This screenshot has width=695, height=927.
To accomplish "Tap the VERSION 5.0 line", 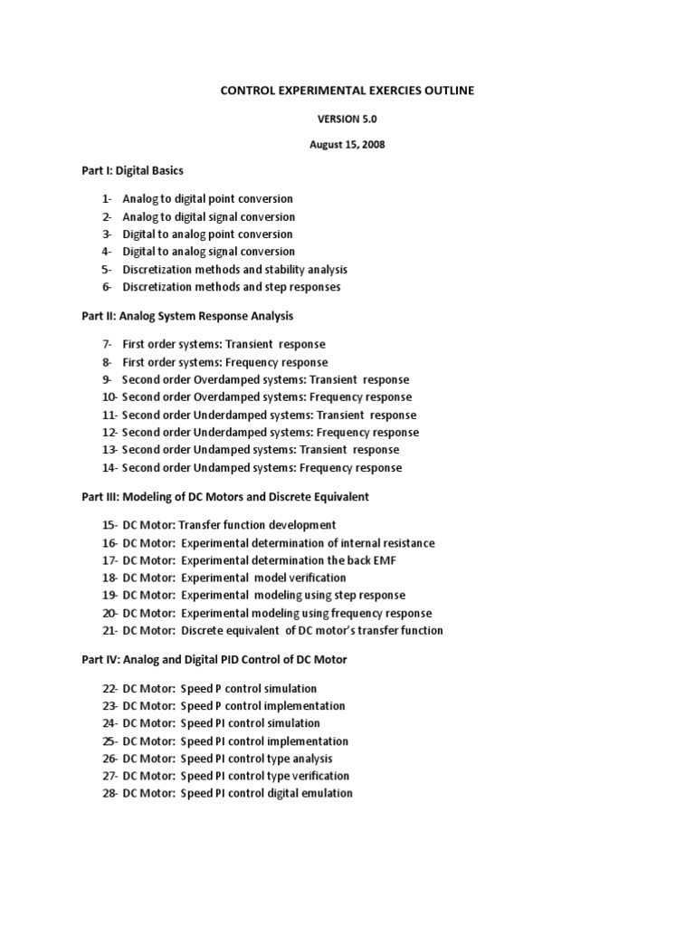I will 347,118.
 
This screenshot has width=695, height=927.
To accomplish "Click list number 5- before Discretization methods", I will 107,269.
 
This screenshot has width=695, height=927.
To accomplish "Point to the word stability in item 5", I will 281,269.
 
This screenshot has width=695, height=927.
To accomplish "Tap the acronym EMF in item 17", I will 385,560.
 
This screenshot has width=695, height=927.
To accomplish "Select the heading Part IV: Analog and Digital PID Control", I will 214,660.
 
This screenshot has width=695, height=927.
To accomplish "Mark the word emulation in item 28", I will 325,793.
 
